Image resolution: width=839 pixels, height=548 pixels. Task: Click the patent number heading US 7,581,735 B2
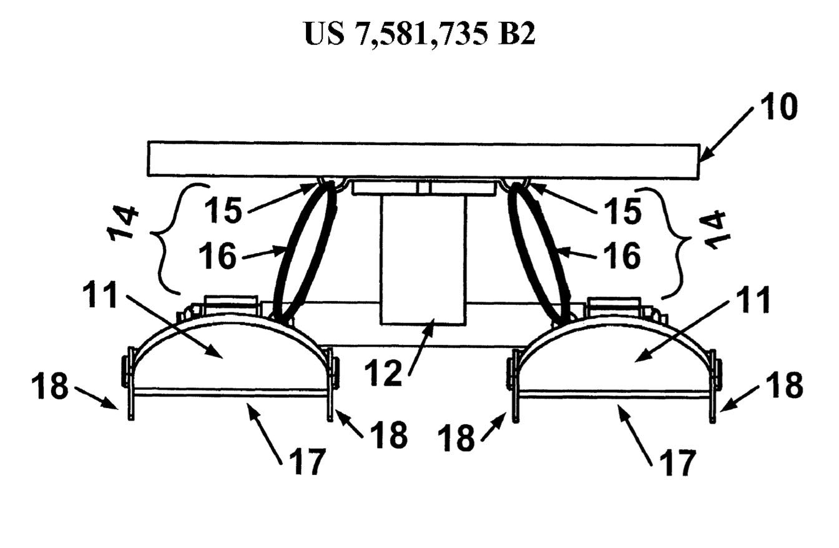click(420, 34)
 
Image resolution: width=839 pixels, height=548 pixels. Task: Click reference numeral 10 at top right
click(778, 107)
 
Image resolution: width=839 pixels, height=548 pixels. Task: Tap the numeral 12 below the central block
click(383, 372)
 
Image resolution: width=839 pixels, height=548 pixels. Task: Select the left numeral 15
click(223, 211)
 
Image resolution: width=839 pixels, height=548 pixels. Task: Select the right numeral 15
click(622, 211)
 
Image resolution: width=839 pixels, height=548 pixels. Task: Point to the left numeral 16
click(217, 256)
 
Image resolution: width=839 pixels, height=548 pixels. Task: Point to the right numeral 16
click(622, 256)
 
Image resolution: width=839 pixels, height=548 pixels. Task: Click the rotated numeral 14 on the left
click(122, 222)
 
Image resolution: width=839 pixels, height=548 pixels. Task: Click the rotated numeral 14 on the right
click(716, 230)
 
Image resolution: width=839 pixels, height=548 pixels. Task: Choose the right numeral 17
click(677, 462)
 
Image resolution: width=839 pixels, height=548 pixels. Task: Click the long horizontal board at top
click(424, 160)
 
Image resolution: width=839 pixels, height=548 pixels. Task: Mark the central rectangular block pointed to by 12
click(423, 259)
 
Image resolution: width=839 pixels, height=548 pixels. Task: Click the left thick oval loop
click(304, 251)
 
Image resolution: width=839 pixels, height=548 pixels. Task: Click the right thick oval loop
click(539, 251)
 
